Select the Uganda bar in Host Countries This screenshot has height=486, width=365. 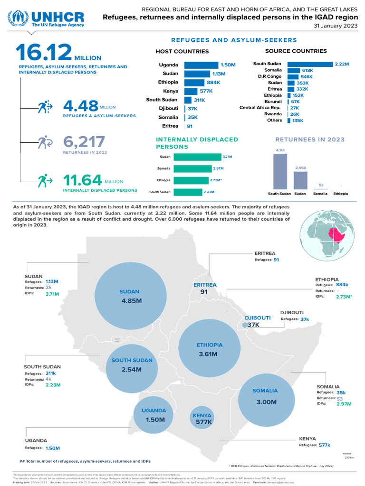coord(200,65)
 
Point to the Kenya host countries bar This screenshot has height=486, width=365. coord(191,91)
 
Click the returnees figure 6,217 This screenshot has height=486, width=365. coord(84,141)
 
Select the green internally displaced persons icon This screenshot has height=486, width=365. coord(45,181)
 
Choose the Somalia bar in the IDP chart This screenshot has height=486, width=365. coord(192,168)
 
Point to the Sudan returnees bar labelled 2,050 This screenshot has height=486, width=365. coord(300,180)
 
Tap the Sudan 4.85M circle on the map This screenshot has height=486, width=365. coord(129,296)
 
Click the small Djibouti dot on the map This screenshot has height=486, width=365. coord(244,325)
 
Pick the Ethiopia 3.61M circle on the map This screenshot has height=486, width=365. coord(209,350)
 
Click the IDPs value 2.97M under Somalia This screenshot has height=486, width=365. coord(344,404)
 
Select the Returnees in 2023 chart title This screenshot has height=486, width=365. coord(310,140)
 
